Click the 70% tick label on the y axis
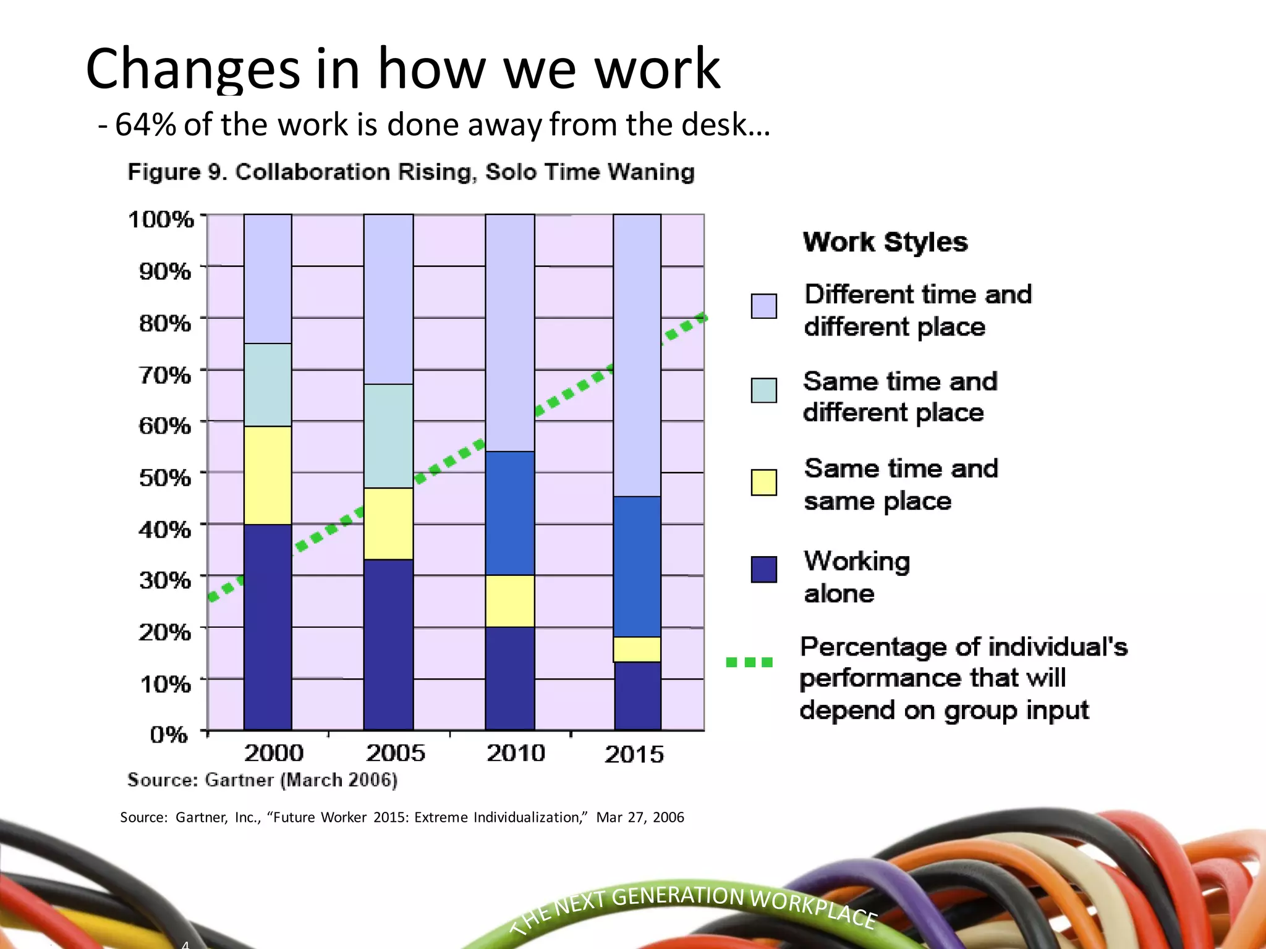pos(164,375)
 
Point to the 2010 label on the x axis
pos(516,753)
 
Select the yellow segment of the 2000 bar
pos(268,475)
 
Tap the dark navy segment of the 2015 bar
pos(637,696)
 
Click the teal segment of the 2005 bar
pos(388,436)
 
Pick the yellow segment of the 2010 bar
pos(510,601)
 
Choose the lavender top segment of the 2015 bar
pos(637,355)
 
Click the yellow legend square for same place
pos(763,483)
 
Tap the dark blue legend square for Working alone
pos(763,569)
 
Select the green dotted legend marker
pos(749,662)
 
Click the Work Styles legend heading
pos(885,242)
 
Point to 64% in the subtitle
pos(145,125)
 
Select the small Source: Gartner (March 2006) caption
pos(262,780)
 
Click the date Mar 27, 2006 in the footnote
pos(640,817)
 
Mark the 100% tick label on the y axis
pos(161,219)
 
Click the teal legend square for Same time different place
pos(763,390)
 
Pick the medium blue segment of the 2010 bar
pos(510,513)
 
